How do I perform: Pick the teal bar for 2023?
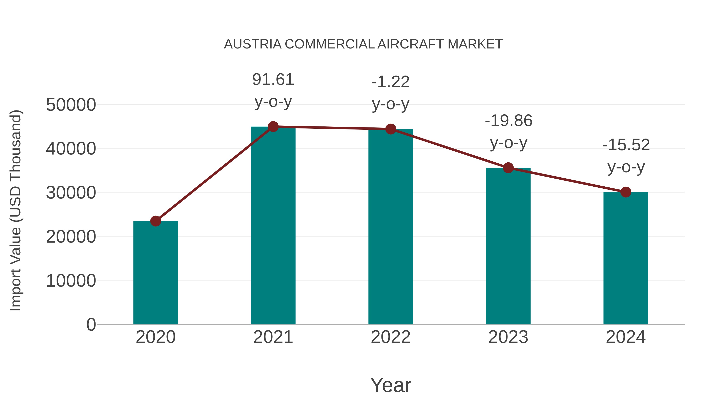click(508, 246)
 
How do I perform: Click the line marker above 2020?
click(155, 221)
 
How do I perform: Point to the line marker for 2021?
click(273, 127)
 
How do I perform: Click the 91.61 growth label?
click(273, 80)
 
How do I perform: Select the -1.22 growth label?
click(391, 82)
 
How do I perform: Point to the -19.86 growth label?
click(508, 121)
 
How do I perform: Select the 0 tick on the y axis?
click(91, 325)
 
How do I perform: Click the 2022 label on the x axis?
click(391, 337)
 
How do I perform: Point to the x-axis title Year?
click(391, 385)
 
